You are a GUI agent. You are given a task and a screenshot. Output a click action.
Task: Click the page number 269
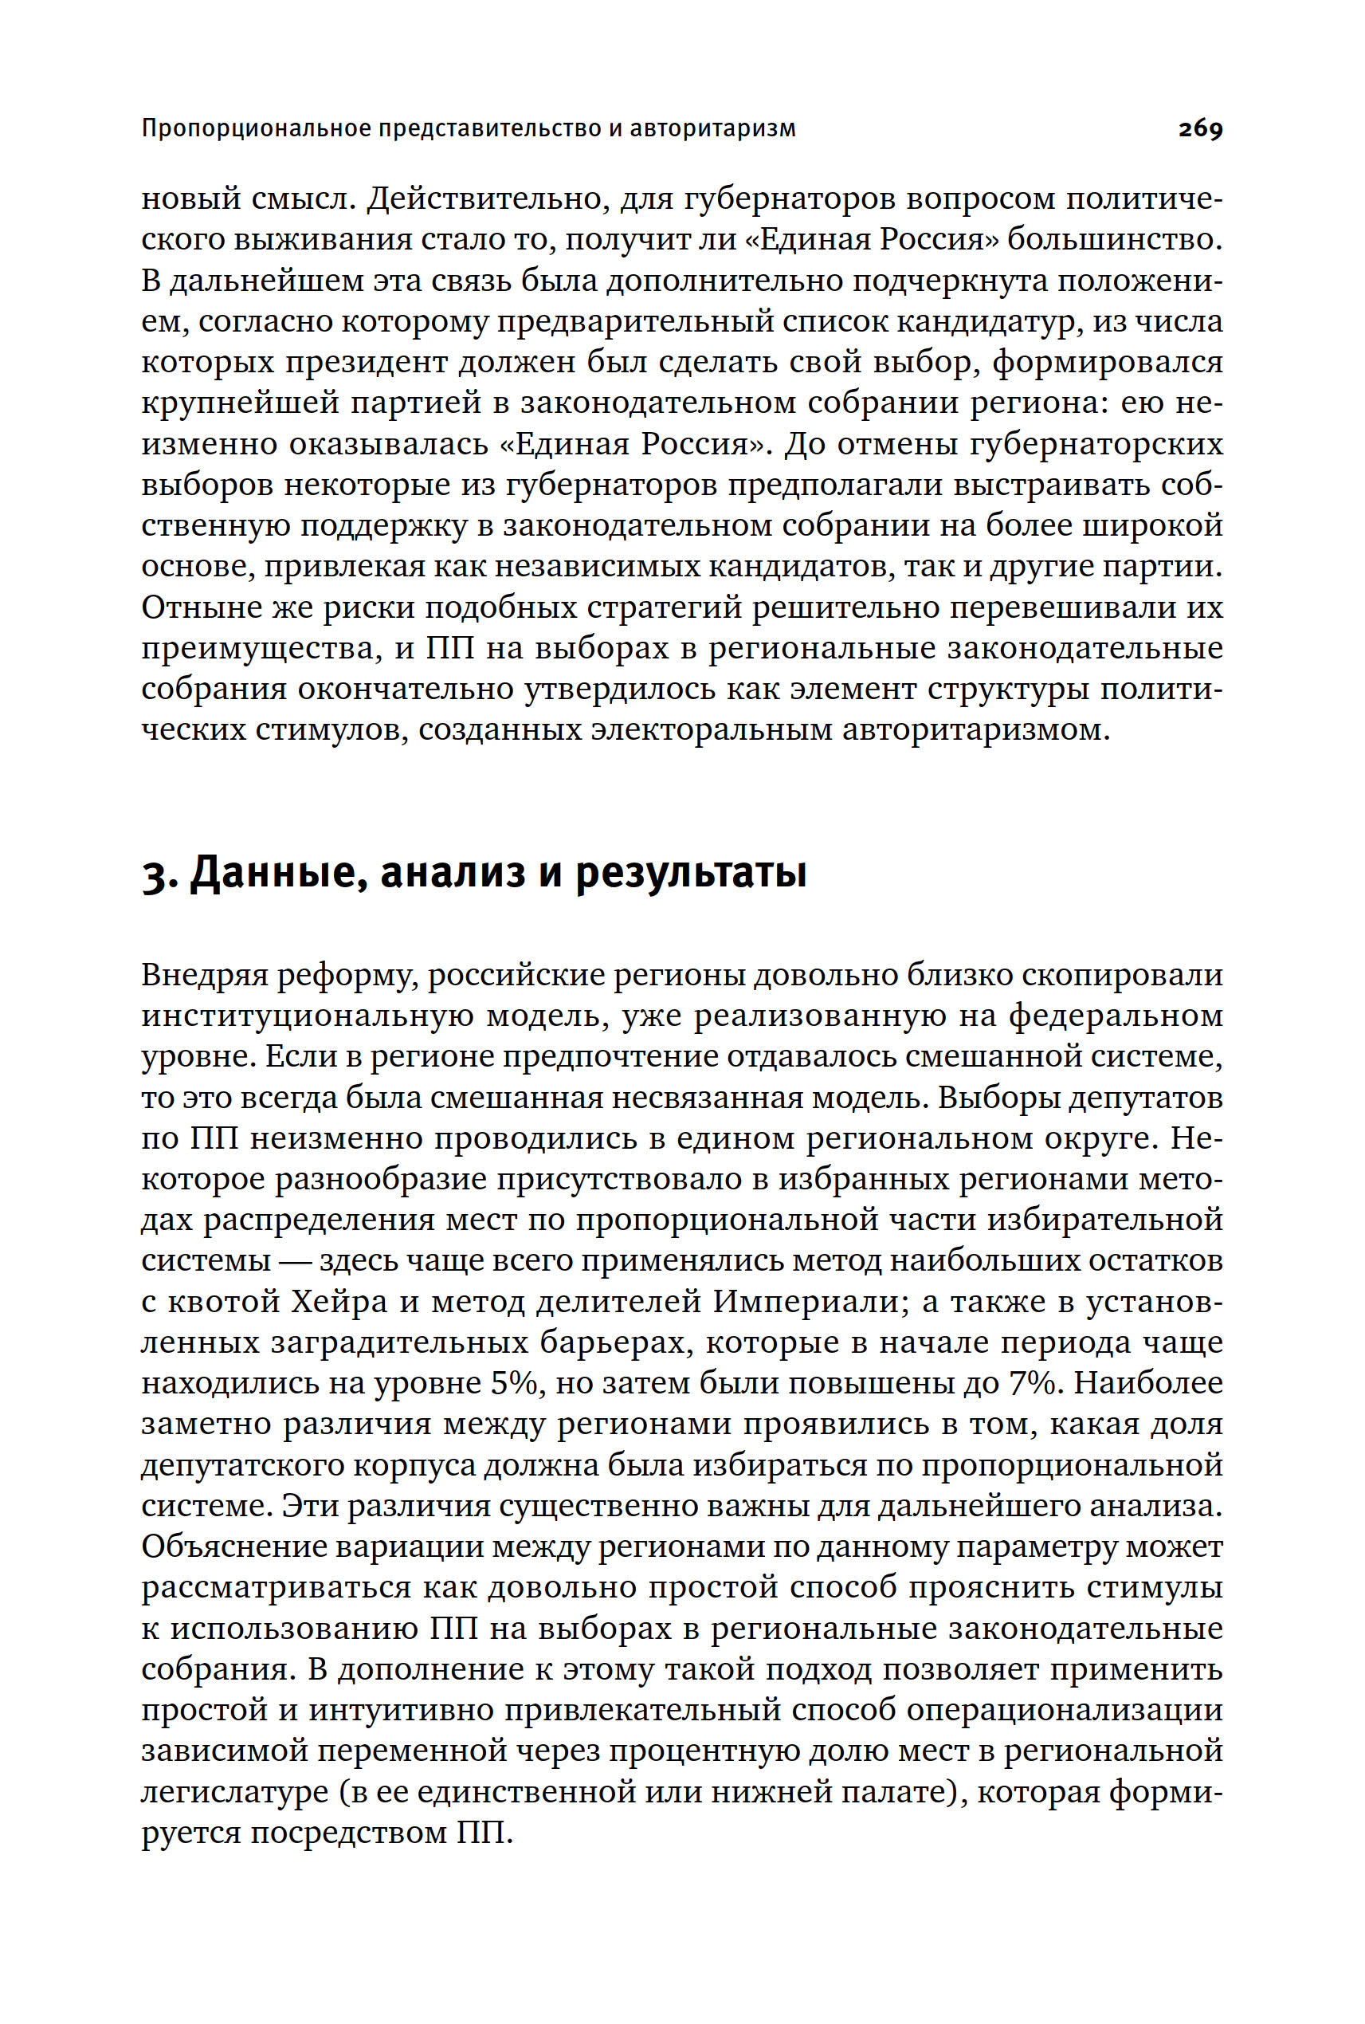pos(1201,129)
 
